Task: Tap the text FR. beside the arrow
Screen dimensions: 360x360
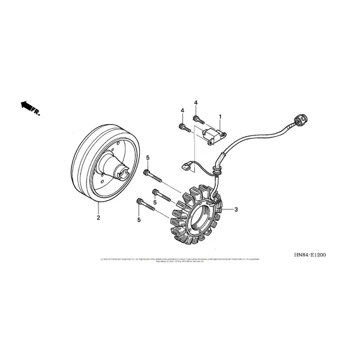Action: point(37,112)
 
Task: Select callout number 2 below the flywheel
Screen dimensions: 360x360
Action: point(98,218)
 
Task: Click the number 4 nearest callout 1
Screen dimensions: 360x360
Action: point(196,103)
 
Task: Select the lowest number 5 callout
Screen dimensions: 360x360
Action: point(139,220)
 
